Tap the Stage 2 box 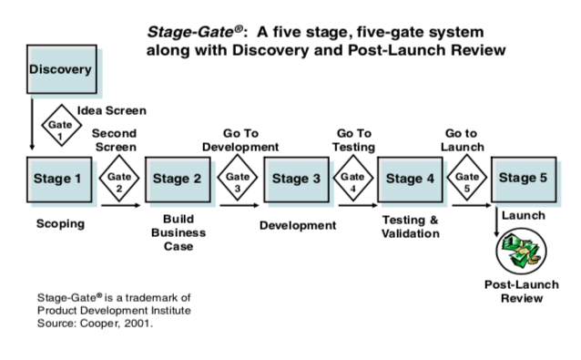coord(178,179)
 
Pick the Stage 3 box coord(296,179)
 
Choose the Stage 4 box coord(410,179)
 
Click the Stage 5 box coord(524,178)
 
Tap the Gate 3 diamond coord(237,178)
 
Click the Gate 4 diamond coord(352,178)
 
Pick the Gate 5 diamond coord(466,178)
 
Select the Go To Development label coord(240,139)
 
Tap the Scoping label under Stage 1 coord(59,223)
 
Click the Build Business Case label coord(178,232)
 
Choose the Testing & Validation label coord(410,227)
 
